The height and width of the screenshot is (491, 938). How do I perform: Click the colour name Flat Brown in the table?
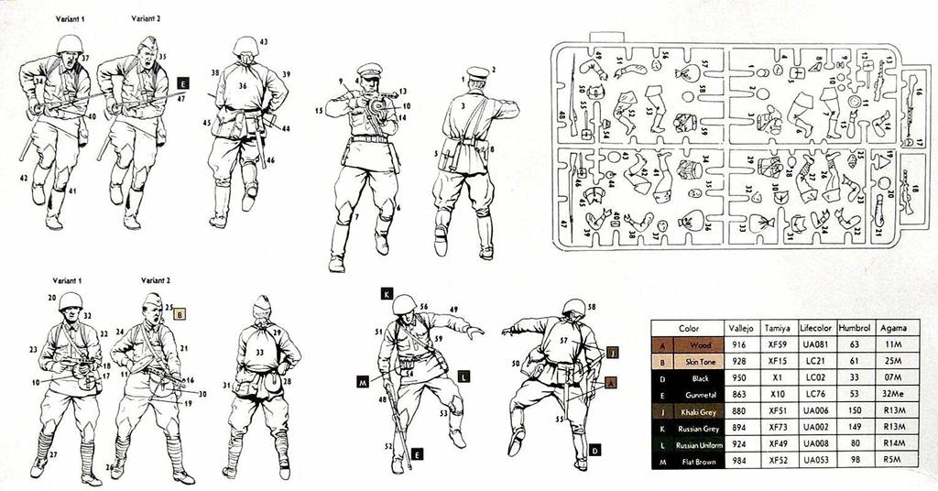[698, 461]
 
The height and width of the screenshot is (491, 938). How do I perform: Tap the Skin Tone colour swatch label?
[698, 361]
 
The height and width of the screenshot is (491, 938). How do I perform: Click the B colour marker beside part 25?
[180, 314]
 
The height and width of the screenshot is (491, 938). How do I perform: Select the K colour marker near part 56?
[387, 294]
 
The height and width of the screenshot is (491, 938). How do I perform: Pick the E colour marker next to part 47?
[182, 82]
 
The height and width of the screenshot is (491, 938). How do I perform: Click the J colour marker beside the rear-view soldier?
[613, 351]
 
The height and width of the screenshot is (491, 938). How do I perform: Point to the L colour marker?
[464, 376]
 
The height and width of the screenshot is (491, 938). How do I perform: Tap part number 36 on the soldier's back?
[244, 86]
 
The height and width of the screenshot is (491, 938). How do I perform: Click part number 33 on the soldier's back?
[260, 351]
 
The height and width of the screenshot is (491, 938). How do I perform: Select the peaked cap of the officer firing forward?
[369, 69]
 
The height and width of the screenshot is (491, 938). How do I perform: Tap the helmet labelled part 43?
[245, 45]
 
